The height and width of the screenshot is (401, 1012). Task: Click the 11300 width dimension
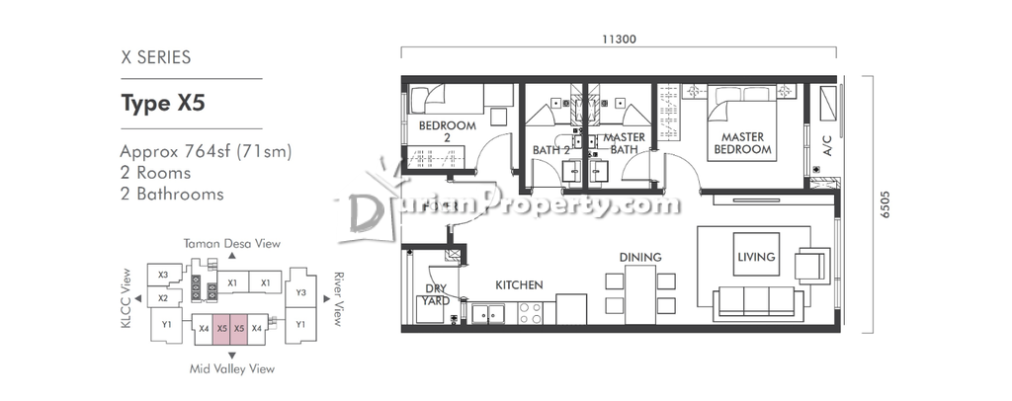click(x=619, y=40)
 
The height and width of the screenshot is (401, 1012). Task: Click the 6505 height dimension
click(x=885, y=203)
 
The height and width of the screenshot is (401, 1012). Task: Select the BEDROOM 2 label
click(x=448, y=131)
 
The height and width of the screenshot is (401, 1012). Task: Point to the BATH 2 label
click(x=551, y=150)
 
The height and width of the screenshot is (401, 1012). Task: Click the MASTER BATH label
click(x=625, y=143)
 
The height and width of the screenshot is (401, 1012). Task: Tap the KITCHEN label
click(x=519, y=285)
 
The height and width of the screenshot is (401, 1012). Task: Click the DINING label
click(x=640, y=257)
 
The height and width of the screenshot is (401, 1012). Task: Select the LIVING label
click(x=756, y=257)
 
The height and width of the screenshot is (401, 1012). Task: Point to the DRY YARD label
click(x=436, y=294)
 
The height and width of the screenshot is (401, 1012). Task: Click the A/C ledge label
click(x=827, y=146)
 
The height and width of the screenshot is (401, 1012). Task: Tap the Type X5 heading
click(x=163, y=103)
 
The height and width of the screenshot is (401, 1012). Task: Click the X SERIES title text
click(x=155, y=57)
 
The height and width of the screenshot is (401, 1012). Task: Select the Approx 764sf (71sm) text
click(x=206, y=152)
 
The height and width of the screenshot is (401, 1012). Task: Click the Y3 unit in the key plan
click(x=300, y=292)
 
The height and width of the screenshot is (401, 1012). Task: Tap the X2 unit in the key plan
click(x=163, y=298)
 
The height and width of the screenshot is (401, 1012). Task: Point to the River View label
click(x=336, y=299)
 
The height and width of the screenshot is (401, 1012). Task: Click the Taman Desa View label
click(x=231, y=244)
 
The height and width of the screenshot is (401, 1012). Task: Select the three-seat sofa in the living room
click(x=758, y=303)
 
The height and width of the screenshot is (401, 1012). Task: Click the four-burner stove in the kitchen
click(x=531, y=313)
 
